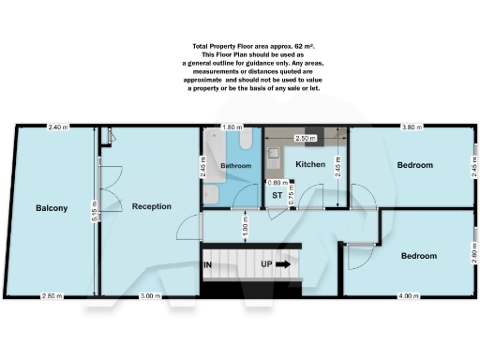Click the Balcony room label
pyautogui.click(x=52, y=207)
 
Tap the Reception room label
pyautogui.click(x=151, y=205)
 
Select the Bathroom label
pyautogui.click(x=236, y=166)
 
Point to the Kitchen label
pyautogui.click(x=310, y=164)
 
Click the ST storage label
pyautogui.click(x=277, y=195)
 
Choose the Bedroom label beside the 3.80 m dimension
pyautogui.click(x=414, y=165)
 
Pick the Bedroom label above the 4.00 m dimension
pyautogui.click(x=418, y=255)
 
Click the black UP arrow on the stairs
pyautogui.click(x=282, y=264)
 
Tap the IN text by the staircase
pyautogui.click(x=207, y=265)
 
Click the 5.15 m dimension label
pyautogui.click(x=95, y=212)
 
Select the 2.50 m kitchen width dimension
pyautogui.click(x=306, y=138)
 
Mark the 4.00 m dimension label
pyautogui.click(x=409, y=296)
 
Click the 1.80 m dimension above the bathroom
pyautogui.click(x=230, y=127)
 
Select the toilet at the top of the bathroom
pyautogui.click(x=244, y=139)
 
